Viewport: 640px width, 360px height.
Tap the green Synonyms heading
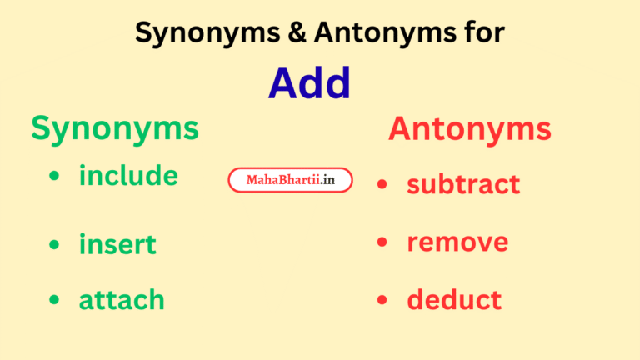click(115, 128)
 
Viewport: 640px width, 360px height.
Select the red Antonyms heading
click(469, 129)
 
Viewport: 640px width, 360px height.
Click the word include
click(128, 176)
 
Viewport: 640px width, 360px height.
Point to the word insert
click(117, 245)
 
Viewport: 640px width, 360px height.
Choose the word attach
click(122, 300)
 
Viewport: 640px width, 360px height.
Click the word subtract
click(463, 184)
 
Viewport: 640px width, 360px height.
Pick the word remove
click(457, 242)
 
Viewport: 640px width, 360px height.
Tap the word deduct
click(454, 300)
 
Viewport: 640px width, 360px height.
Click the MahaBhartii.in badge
click(290, 180)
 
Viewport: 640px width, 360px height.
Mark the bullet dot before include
click(54, 177)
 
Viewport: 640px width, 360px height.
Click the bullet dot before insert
click(54, 245)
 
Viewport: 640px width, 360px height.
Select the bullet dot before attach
click(54, 300)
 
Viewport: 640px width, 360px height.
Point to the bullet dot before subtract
click(382, 184)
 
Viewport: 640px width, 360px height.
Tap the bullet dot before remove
click(382, 242)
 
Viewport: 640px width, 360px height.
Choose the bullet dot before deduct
click(382, 300)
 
